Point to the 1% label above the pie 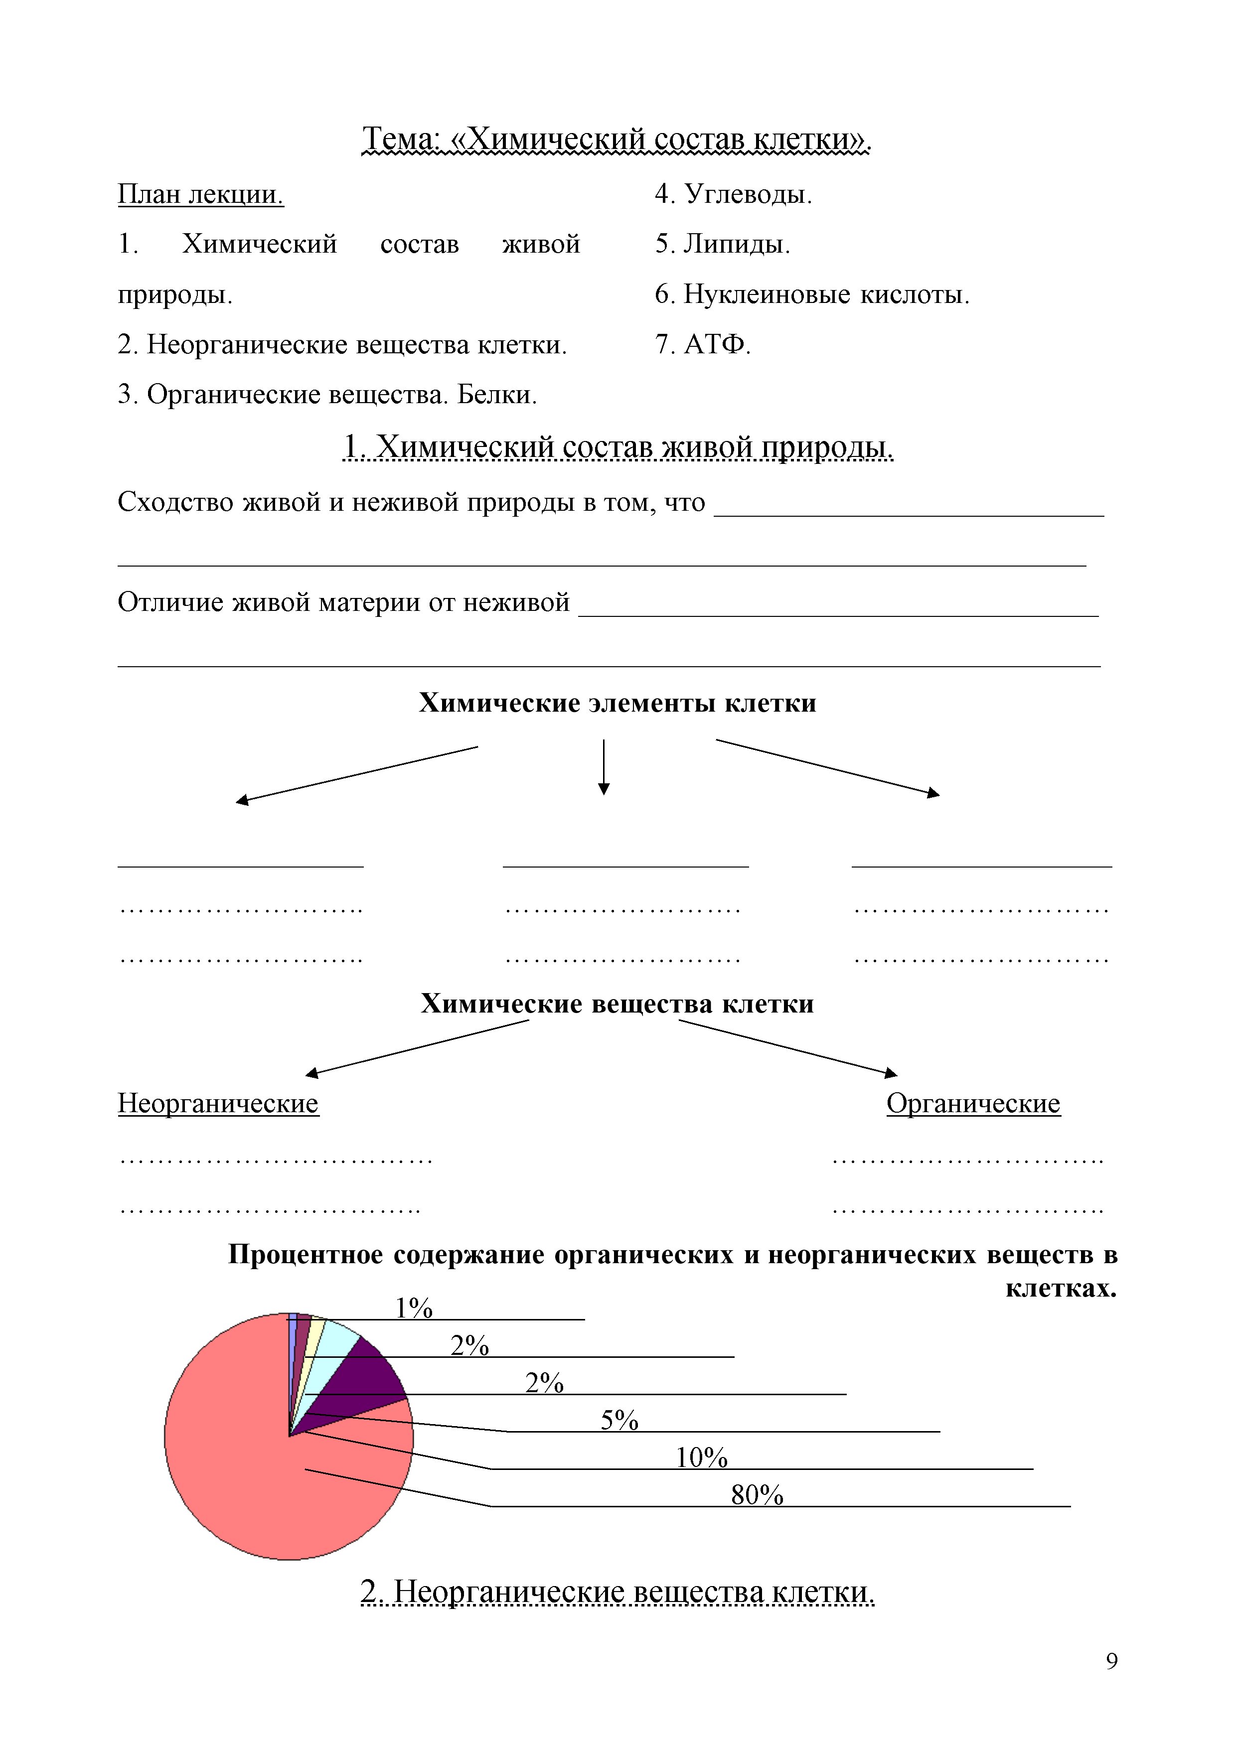coord(414,1307)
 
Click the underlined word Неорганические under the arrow coord(219,1103)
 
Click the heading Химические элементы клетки coord(618,703)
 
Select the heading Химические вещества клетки coord(618,1004)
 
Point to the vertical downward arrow coord(604,767)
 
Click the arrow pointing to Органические coord(788,1047)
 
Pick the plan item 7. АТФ coord(702,344)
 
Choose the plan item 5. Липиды coord(722,244)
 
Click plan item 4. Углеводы coord(733,194)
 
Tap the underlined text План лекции coord(200,194)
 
